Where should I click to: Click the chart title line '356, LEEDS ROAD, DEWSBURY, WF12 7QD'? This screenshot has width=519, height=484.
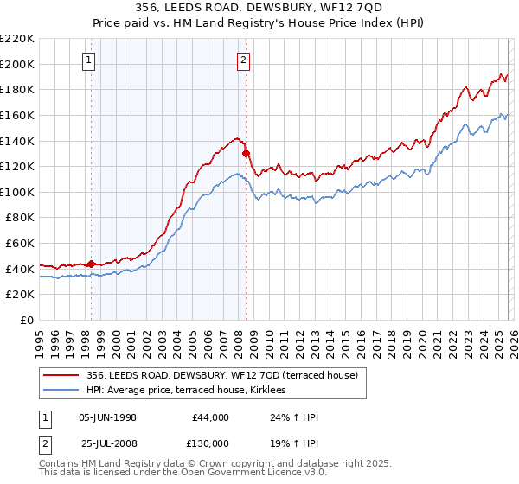pos(259,9)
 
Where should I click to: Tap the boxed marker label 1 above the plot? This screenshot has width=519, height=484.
pos(91,60)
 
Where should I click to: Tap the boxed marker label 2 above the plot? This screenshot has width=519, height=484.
pos(243,60)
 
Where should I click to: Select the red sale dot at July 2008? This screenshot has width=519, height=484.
pos(246,153)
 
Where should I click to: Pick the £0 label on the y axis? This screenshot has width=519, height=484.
pos(25,320)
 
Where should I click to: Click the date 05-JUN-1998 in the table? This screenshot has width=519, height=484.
pos(107,417)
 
